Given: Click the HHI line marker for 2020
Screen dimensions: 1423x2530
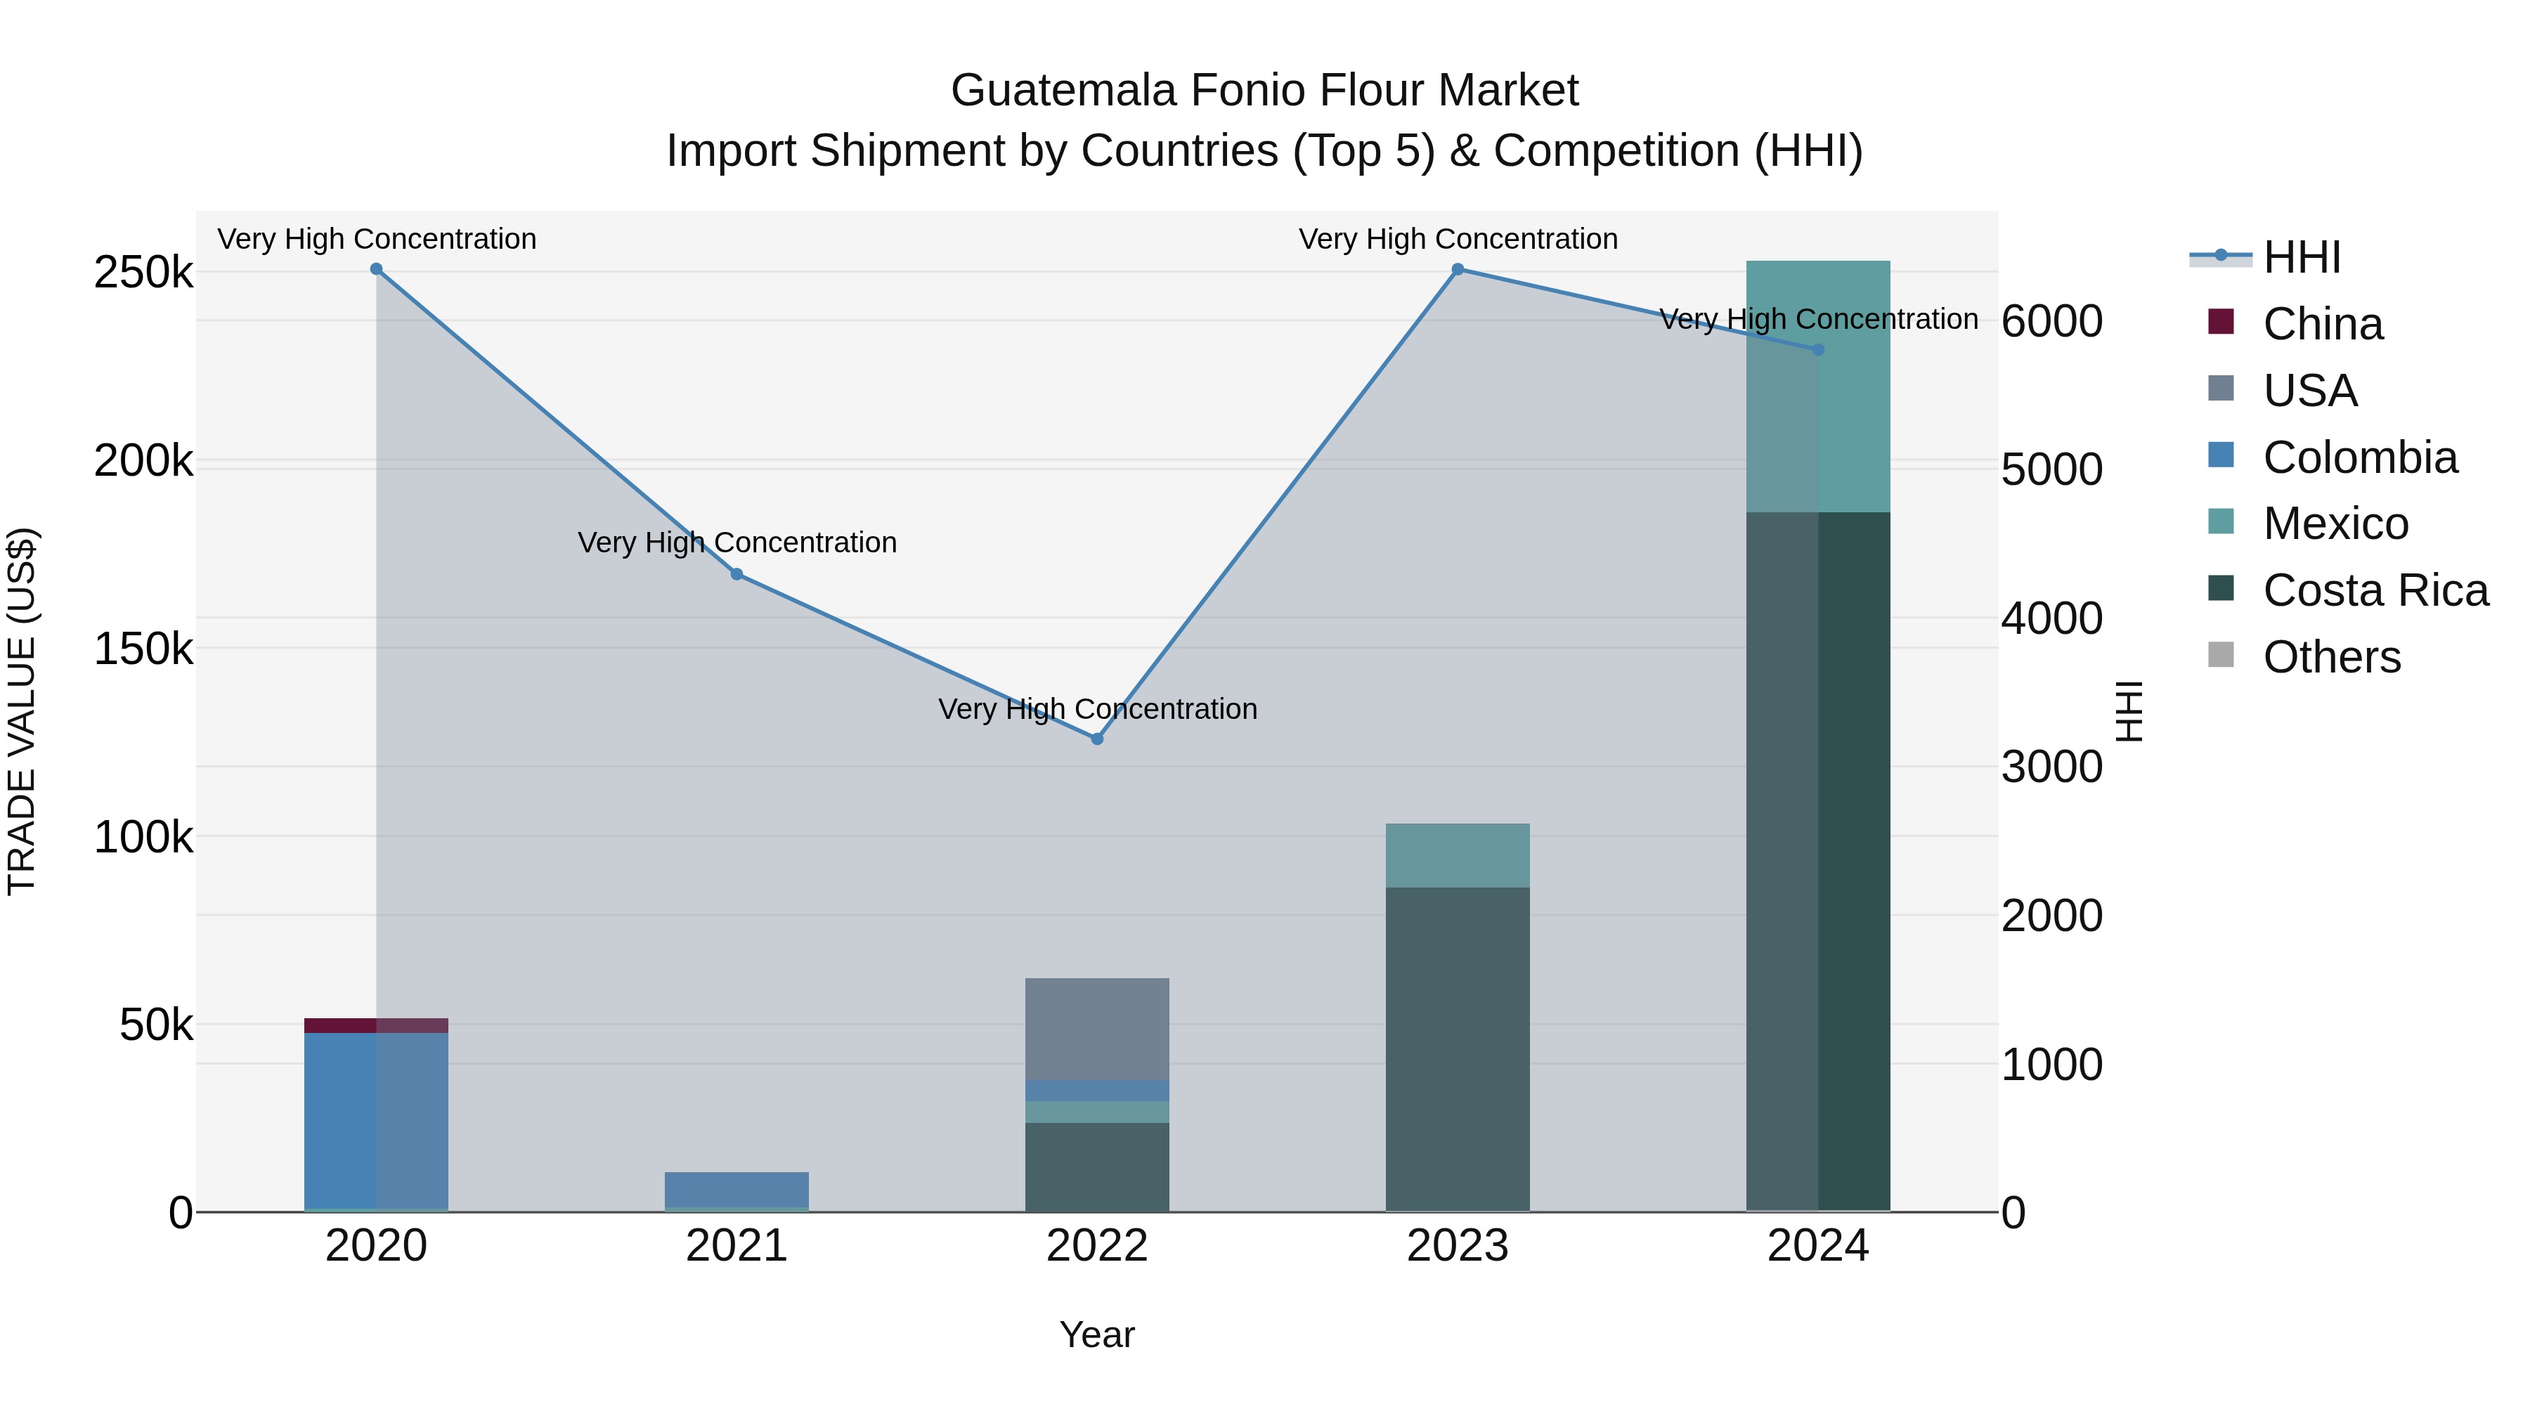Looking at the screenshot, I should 376,269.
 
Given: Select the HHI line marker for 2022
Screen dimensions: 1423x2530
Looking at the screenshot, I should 1097,739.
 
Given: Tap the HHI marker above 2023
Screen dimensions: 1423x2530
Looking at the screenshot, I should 1458,269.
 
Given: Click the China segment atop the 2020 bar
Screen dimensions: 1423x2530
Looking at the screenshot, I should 376,1025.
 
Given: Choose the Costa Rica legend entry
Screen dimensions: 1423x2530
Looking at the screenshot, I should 2375,590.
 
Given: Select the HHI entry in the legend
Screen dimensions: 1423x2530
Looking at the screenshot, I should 2301,257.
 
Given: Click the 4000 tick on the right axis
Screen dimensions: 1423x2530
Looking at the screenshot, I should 2051,618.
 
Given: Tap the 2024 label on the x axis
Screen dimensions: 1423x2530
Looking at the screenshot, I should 1818,1246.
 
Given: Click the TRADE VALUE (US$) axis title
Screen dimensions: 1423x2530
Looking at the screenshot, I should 22,711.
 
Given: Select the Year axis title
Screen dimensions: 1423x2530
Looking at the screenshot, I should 1097,1334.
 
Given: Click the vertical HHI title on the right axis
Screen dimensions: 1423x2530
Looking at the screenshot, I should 2128,711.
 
